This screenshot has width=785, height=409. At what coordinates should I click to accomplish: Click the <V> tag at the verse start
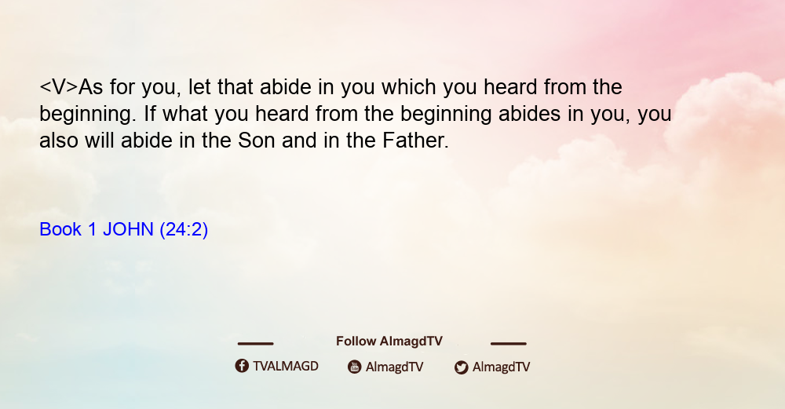[x=59, y=87]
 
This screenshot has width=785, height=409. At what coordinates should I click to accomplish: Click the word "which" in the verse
[x=408, y=87]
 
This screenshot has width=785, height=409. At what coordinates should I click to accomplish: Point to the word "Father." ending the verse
[x=415, y=141]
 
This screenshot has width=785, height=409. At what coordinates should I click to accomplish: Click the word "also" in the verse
[x=59, y=141]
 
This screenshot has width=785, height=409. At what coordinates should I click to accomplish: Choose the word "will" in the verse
[x=100, y=141]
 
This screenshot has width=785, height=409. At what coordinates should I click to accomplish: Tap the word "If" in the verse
[x=150, y=114]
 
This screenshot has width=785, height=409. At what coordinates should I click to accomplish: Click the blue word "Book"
[x=60, y=229]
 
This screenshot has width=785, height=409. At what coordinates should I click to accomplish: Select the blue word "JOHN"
[x=128, y=229]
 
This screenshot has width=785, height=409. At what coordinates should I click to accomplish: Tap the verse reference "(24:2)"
[x=184, y=229]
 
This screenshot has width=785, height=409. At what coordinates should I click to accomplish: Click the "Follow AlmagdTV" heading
[x=389, y=341]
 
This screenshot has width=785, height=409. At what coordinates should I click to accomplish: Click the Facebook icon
[x=242, y=366]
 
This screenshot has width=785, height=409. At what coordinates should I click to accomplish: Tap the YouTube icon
[x=355, y=367]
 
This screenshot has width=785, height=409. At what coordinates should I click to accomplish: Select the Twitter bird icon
[x=462, y=367]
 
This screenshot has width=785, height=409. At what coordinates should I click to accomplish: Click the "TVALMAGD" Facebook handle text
[x=286, y=367]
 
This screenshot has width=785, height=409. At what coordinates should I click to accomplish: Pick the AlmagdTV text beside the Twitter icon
[x=501, y=367]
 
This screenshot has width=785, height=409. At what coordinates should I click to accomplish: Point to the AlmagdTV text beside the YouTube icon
[x=395, y=367]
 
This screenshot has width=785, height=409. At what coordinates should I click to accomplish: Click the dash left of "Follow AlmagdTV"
[x=255, y=344]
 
